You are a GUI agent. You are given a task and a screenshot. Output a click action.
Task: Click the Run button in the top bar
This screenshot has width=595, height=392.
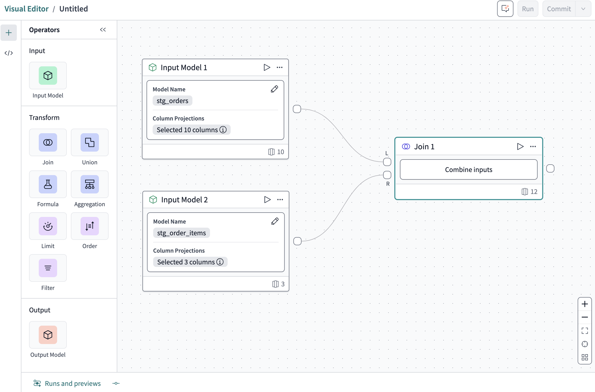pyautogui.click(x=527, y=9)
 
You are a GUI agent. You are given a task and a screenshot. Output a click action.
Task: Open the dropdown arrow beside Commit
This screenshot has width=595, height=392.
pyautogui.click(x=583, y=9)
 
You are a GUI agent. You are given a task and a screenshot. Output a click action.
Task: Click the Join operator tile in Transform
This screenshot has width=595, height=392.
pyautogui.click(x=48, y=142)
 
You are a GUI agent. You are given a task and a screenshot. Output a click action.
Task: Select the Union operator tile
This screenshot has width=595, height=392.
pyautogui.click(x=89, y=142)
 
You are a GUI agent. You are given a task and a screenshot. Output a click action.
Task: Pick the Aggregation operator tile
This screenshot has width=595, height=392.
pyautogui.click(x=89, y=184)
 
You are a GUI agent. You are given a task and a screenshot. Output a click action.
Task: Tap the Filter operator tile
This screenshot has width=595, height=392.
pyautogui.click(x=48, y=268)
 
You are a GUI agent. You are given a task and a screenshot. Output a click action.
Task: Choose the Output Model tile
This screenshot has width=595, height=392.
pyautogui.click(x=48, y=335)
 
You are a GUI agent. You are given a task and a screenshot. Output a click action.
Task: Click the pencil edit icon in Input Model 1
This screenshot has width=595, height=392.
pyautogui.click(x=274, y=89)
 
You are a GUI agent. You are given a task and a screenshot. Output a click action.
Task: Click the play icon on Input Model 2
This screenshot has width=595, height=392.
pyautogui.click(x=267, y=200)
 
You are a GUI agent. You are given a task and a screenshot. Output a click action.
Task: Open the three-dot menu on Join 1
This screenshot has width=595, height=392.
pyautogui.click(x=533, y=146)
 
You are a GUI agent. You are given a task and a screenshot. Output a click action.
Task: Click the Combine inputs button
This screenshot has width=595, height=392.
pyautogui.click(x=468, y=169)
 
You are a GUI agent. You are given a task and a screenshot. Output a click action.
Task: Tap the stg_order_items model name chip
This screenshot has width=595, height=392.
pyautogui.click(x=181, y=233)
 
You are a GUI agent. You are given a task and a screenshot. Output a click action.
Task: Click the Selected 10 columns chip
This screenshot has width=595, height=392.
pyautogui.click(x=191, y=130)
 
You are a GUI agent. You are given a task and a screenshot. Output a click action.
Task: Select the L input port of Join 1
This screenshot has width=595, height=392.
pyautogui.click(x=387, y=162)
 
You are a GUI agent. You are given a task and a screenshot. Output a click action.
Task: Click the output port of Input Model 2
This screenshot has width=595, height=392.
pyautogui.click(x=297, y=241)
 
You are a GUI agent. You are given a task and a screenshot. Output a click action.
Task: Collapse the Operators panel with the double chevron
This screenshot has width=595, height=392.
pyautogui.click(x=103, y=30)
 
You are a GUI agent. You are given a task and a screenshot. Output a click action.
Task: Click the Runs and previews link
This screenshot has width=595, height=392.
pyautogui.click(x=73, y=383)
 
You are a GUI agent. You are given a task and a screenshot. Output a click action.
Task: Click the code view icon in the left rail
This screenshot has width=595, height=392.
pyautogui.click(x=9, y=53)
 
